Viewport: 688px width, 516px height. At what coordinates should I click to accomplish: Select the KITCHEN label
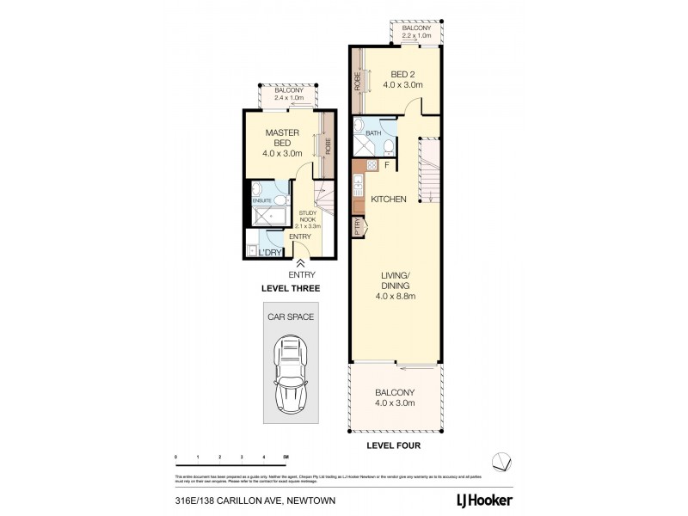(x=388, y=200)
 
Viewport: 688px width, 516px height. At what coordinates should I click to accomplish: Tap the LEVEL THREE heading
(x=291, y=290)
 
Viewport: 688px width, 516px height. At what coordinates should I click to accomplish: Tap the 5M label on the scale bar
(x=286, y=456)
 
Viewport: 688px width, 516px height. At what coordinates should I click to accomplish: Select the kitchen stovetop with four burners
(x=372, y=164)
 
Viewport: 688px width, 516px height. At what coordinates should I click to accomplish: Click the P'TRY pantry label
(x=357, y=228)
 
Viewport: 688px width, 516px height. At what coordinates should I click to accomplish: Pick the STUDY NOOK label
(x=308, y=218)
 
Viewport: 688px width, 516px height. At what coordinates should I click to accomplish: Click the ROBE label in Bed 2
(x=357, y=80)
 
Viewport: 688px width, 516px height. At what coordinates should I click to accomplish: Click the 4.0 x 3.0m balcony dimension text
(x=396, y=402)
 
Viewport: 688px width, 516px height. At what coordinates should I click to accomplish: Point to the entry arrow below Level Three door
(x=301, y=263)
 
